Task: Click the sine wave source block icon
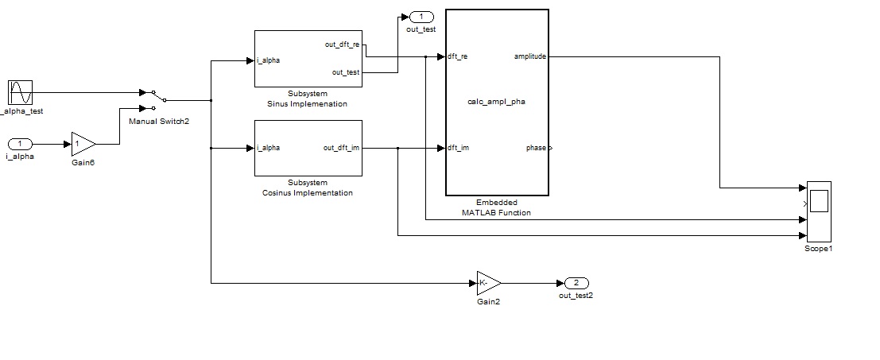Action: coord(20,92)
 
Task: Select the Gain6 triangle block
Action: coord(83,144)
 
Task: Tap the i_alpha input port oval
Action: coord(20,144)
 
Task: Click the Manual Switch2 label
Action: coord(159,121)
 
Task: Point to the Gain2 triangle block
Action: coord(488,282)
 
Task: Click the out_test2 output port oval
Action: coord(576,283)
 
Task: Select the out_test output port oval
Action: coord(421,17)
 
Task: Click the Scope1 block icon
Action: coord(818,211)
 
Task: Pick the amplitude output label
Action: coord(529,56)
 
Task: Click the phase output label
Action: coord(535,148)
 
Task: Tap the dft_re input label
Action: coord(458,56)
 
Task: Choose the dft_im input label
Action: coord(458,148)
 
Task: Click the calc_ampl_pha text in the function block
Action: coord(496,102)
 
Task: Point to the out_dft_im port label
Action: coord(341,148)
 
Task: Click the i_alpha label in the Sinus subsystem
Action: coord(268,60)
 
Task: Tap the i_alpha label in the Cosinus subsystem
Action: coord(268,148)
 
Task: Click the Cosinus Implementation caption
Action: coord(307,193)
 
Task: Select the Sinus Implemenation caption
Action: coord(307,103)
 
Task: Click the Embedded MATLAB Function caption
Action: coord(496,207)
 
